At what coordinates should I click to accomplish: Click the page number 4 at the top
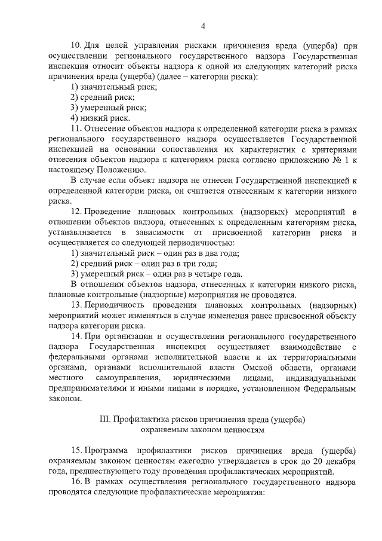point(203,26)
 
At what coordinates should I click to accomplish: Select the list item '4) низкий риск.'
point(100,118)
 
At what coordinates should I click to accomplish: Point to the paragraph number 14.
point(76,337)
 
